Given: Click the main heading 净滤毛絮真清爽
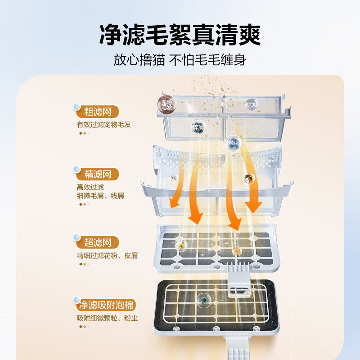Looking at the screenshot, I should coord(180,34).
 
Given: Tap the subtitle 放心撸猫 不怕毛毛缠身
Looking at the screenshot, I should coord(180,60).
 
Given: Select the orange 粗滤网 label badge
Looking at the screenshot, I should coord(98,111).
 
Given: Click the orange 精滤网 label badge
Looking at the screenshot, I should coord(98,174).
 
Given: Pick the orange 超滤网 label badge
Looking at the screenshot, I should coord(98,243).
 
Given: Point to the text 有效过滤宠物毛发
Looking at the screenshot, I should coord(104,125).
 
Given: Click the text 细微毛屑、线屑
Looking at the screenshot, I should coord(100,196).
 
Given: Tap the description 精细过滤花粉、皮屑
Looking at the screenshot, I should coord(107,256).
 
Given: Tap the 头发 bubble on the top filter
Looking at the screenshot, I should coord(251,104).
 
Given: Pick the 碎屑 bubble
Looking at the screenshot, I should coord(198,127).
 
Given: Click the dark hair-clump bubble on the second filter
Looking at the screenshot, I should coord(248,179).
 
